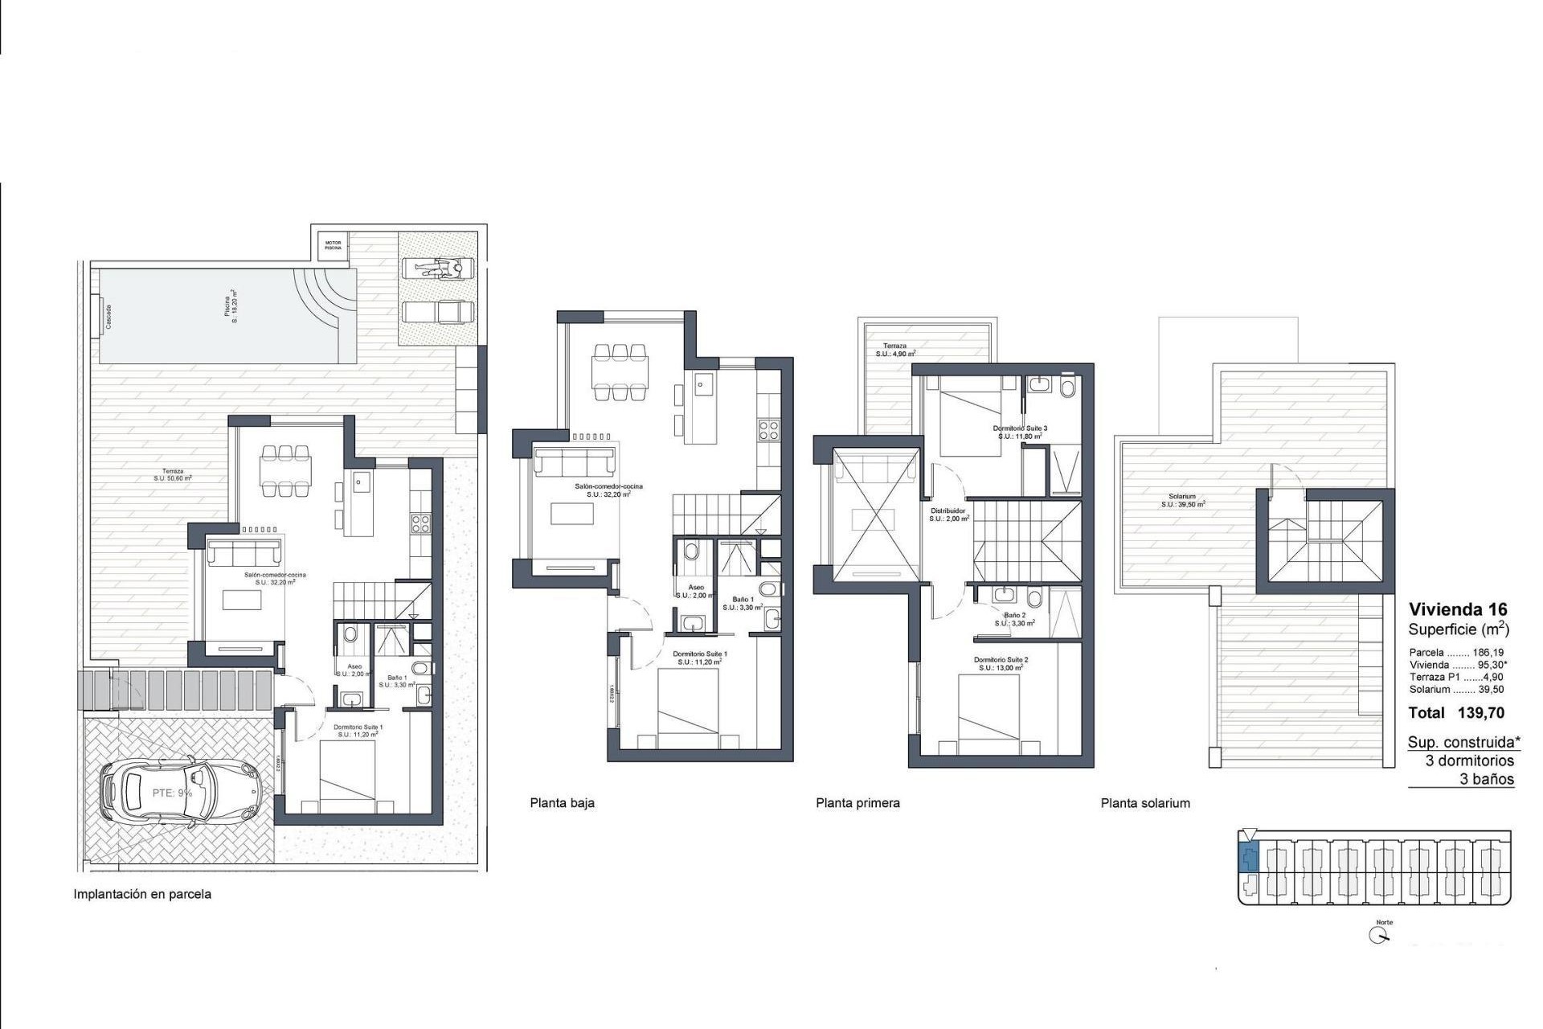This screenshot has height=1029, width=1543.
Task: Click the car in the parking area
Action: tap(181, 793)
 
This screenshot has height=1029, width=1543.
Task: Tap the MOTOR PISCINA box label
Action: tap(333, 245)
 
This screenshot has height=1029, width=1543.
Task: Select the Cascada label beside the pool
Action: tap(108, 317)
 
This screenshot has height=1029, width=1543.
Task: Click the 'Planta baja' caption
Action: tap(562, 802)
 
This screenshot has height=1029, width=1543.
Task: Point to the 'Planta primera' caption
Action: tap(857, 802)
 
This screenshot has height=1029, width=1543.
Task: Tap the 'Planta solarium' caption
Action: tap(1145, 802)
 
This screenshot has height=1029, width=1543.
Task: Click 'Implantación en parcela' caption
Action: tap(142, 894)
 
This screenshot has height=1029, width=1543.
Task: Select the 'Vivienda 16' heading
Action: tap(1458, 609)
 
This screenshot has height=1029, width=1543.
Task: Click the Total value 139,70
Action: tap(1480, 712)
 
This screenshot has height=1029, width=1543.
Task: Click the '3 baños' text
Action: tap(1487, 779)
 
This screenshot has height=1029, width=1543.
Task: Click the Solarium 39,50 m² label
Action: tap(1182, 501)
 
